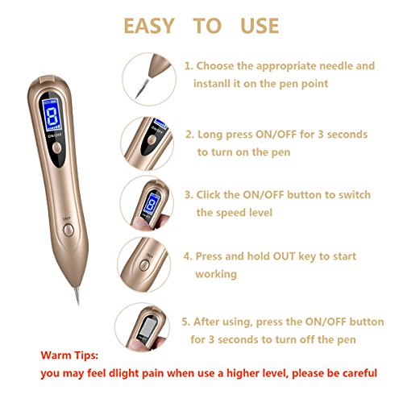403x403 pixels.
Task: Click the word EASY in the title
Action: pyautogui.click(x=149, y=26)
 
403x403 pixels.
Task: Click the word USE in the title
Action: pyautogui.click(x=260, y=26)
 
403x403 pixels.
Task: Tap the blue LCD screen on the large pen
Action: pyautogui.click(x=52, y=115)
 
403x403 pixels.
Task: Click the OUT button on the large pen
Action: pyautogui.click(x=69, y=230)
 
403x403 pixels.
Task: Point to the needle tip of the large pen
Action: pyautogui.click(x=78, y=304)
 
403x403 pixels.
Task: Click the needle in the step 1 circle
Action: pyautogui.click(x=142, y=88)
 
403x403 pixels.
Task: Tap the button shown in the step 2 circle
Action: pyautogui.click(x=152, y=139)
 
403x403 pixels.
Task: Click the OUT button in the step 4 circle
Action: pyautogui.click(x=144, y=265)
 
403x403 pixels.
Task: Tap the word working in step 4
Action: pyautogui.click(x=216, y=274)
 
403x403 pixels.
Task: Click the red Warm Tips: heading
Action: pyautogui.click(x=69, y=355)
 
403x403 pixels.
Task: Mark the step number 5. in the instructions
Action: pyautogui.click(x=185, y=322)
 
